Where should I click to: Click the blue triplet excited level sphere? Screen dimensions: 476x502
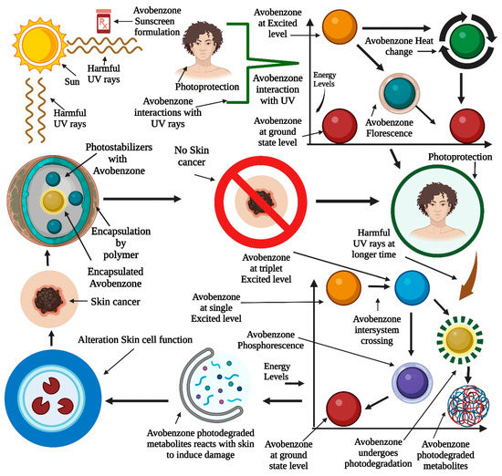click(413, 289)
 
